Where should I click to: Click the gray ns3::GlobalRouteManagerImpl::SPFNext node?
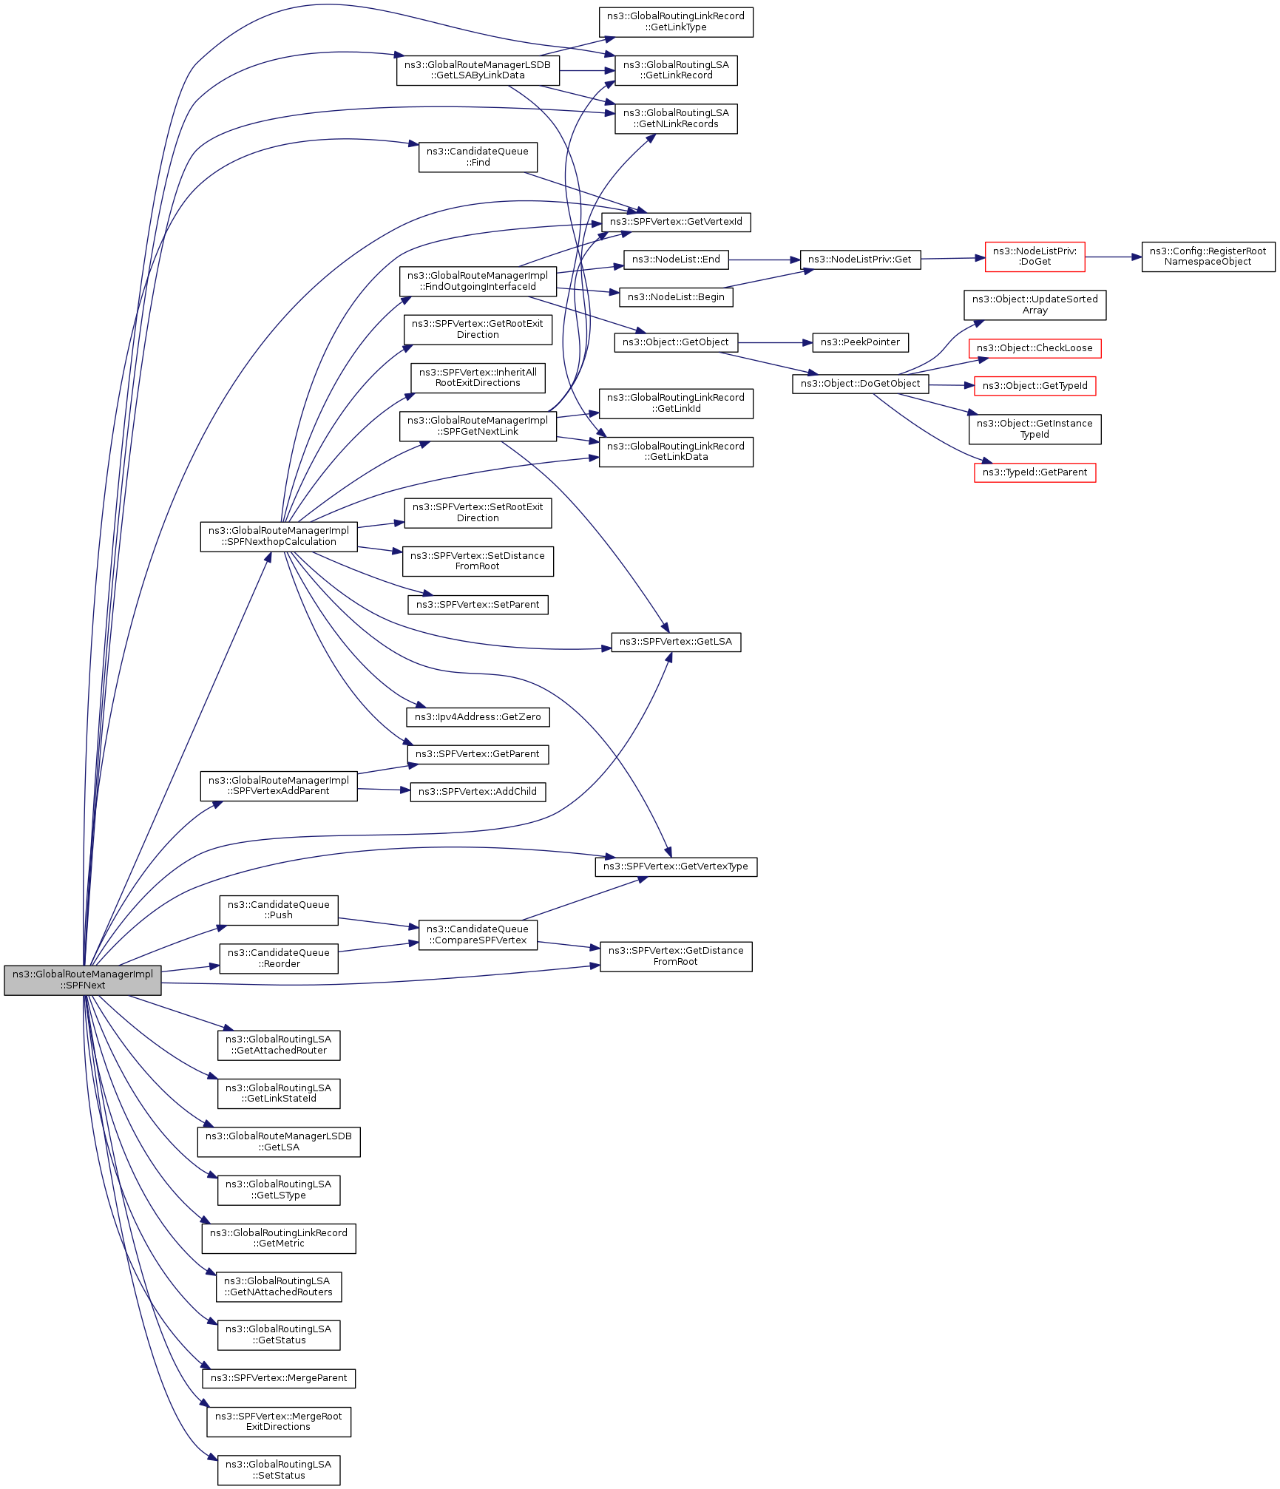pos(82,980)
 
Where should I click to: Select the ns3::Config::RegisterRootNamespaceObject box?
pos(1208,257)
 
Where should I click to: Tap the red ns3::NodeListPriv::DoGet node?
pos(1035,257)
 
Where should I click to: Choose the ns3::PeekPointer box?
pos(860,342)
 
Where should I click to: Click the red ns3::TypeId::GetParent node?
pos(1035,472)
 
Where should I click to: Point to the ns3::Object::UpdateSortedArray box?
pos(1035,305)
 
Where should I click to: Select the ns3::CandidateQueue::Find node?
pos(478,157)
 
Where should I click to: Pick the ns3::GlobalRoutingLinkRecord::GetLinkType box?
pos(676,21)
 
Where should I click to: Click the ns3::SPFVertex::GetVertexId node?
pos(676,222)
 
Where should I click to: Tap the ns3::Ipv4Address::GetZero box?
pos(478,716)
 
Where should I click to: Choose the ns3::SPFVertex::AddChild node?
pos(478,792)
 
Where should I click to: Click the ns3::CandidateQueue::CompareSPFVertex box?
pos(478,935)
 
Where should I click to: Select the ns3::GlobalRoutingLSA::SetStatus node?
pos(279,1470)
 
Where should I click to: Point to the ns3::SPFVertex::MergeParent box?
pos(279,1378)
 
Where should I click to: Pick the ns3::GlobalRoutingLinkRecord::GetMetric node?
pos(279,1238)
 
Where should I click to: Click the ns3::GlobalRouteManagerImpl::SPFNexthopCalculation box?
pos(279,536)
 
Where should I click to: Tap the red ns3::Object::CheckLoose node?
pos(1035,348)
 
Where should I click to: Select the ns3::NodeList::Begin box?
pos(676,297)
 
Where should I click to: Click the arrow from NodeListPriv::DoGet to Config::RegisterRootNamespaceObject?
pos(1113,257)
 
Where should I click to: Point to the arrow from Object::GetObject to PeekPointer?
pos(775,342)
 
